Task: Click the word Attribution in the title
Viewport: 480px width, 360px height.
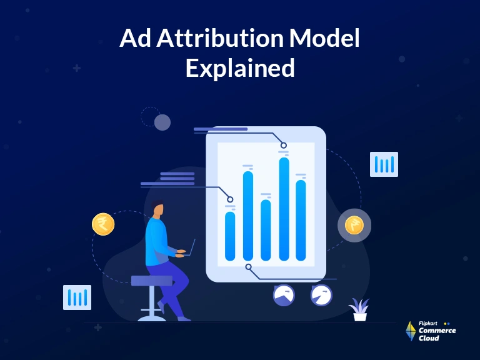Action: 220,38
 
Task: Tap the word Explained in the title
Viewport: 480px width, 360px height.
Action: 240,68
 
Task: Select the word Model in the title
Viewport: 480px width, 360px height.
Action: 324,38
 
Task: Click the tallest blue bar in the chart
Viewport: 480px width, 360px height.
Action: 284,209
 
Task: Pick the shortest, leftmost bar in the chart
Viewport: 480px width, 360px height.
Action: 230,236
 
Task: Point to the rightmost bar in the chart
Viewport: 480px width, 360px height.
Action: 301,221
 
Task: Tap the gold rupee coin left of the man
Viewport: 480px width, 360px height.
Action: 103,224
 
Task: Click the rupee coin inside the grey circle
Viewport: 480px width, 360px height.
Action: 354,225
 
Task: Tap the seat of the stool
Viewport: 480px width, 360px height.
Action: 152,281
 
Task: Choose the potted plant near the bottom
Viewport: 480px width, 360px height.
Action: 359,309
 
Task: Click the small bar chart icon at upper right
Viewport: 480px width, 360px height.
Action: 384,164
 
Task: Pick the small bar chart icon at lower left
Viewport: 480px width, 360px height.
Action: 77,297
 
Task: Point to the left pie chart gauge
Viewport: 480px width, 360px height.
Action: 284,296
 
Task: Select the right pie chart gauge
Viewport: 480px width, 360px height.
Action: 321,296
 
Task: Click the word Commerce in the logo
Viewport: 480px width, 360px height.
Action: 437,331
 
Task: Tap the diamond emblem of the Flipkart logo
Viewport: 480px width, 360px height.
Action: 411,331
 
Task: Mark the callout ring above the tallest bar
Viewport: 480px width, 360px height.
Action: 284,145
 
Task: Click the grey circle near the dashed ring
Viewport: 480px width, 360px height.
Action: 162,122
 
